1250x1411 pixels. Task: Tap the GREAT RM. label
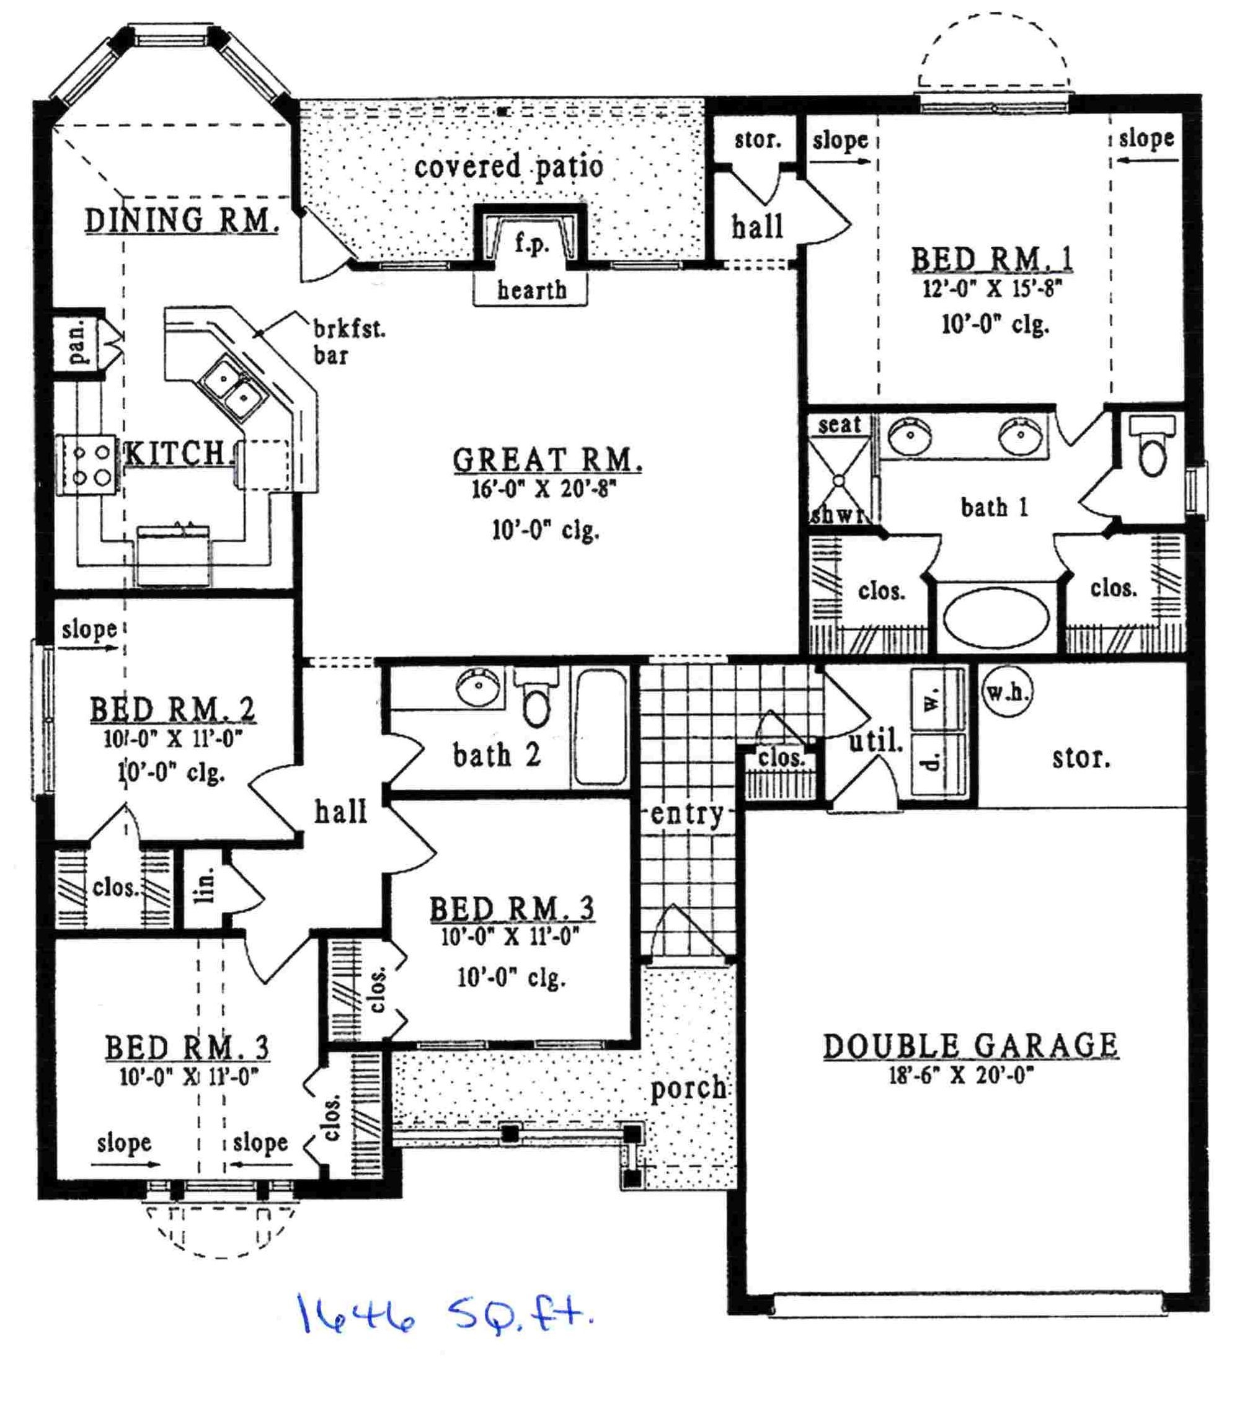tap(547, 461)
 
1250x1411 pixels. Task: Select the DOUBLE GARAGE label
tap(970, 1046)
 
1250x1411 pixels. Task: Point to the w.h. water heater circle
tap(1007, 691)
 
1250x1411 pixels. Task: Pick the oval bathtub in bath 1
tap(995, 617)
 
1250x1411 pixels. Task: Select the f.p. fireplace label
tap(531, 243)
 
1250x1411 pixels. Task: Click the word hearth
tap(531, 290)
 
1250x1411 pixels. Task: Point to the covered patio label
tap(508, 166)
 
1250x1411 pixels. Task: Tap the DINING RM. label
tap(182, 221)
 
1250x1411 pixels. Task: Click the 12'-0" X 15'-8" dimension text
tap(992, 288)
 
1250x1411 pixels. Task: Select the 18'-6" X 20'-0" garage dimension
tap(961, 1076)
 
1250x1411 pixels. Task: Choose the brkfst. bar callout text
tap(348, 342)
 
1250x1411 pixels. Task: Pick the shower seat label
tap(840, 425)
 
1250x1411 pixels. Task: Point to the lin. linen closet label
tap(205, 886)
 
